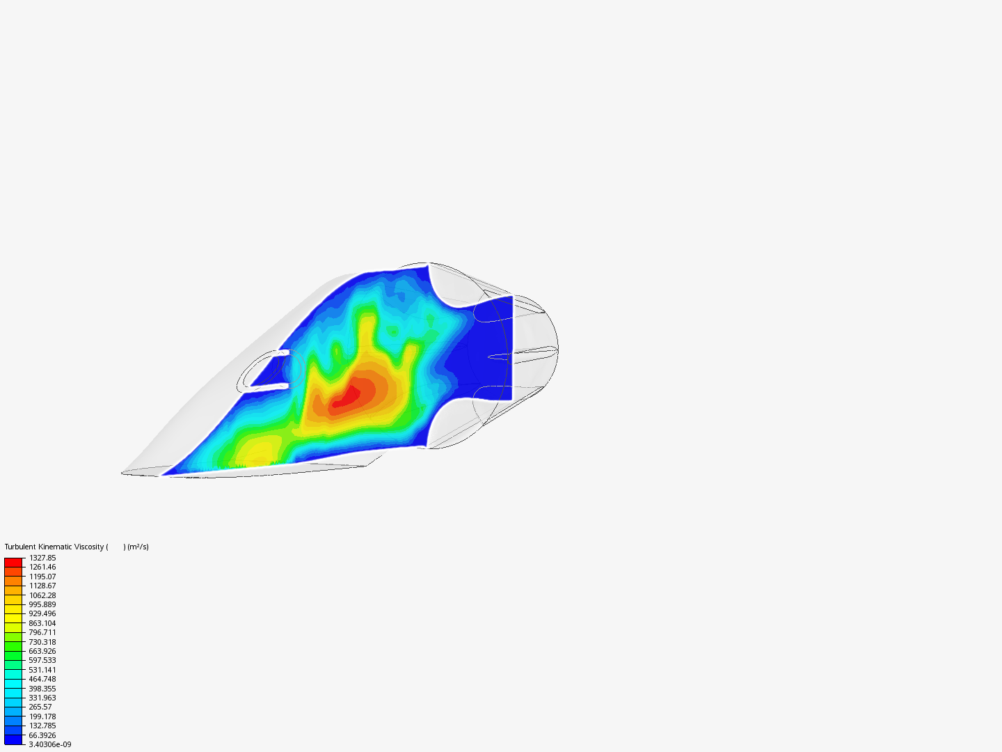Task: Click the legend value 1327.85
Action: [x=42, y=558]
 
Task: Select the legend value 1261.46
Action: [x=42, y=567]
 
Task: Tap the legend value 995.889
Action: [x=42, y=604]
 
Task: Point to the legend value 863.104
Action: [x=42, y=623]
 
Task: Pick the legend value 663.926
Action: [x=42, y=651]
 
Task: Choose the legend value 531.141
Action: [x=42, y=670]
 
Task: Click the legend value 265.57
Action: [x=40, y=707]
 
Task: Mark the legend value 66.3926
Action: [x=42, y=735]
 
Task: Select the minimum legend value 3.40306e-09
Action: [x=49, y=744]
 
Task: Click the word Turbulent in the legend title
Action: [x=20, y=547]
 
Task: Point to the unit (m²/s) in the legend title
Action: [x=138, y=547]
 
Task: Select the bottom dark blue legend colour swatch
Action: [x=13, y=739]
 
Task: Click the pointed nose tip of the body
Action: [x=124, y=473]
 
